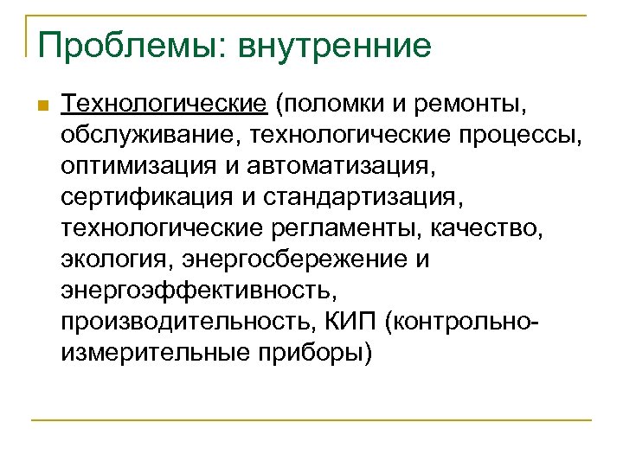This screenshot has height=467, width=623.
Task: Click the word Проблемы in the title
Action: [122, 46]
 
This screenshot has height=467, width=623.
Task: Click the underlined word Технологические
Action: [164, 106]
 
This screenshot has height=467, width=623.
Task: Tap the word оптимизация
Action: [138, 166]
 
